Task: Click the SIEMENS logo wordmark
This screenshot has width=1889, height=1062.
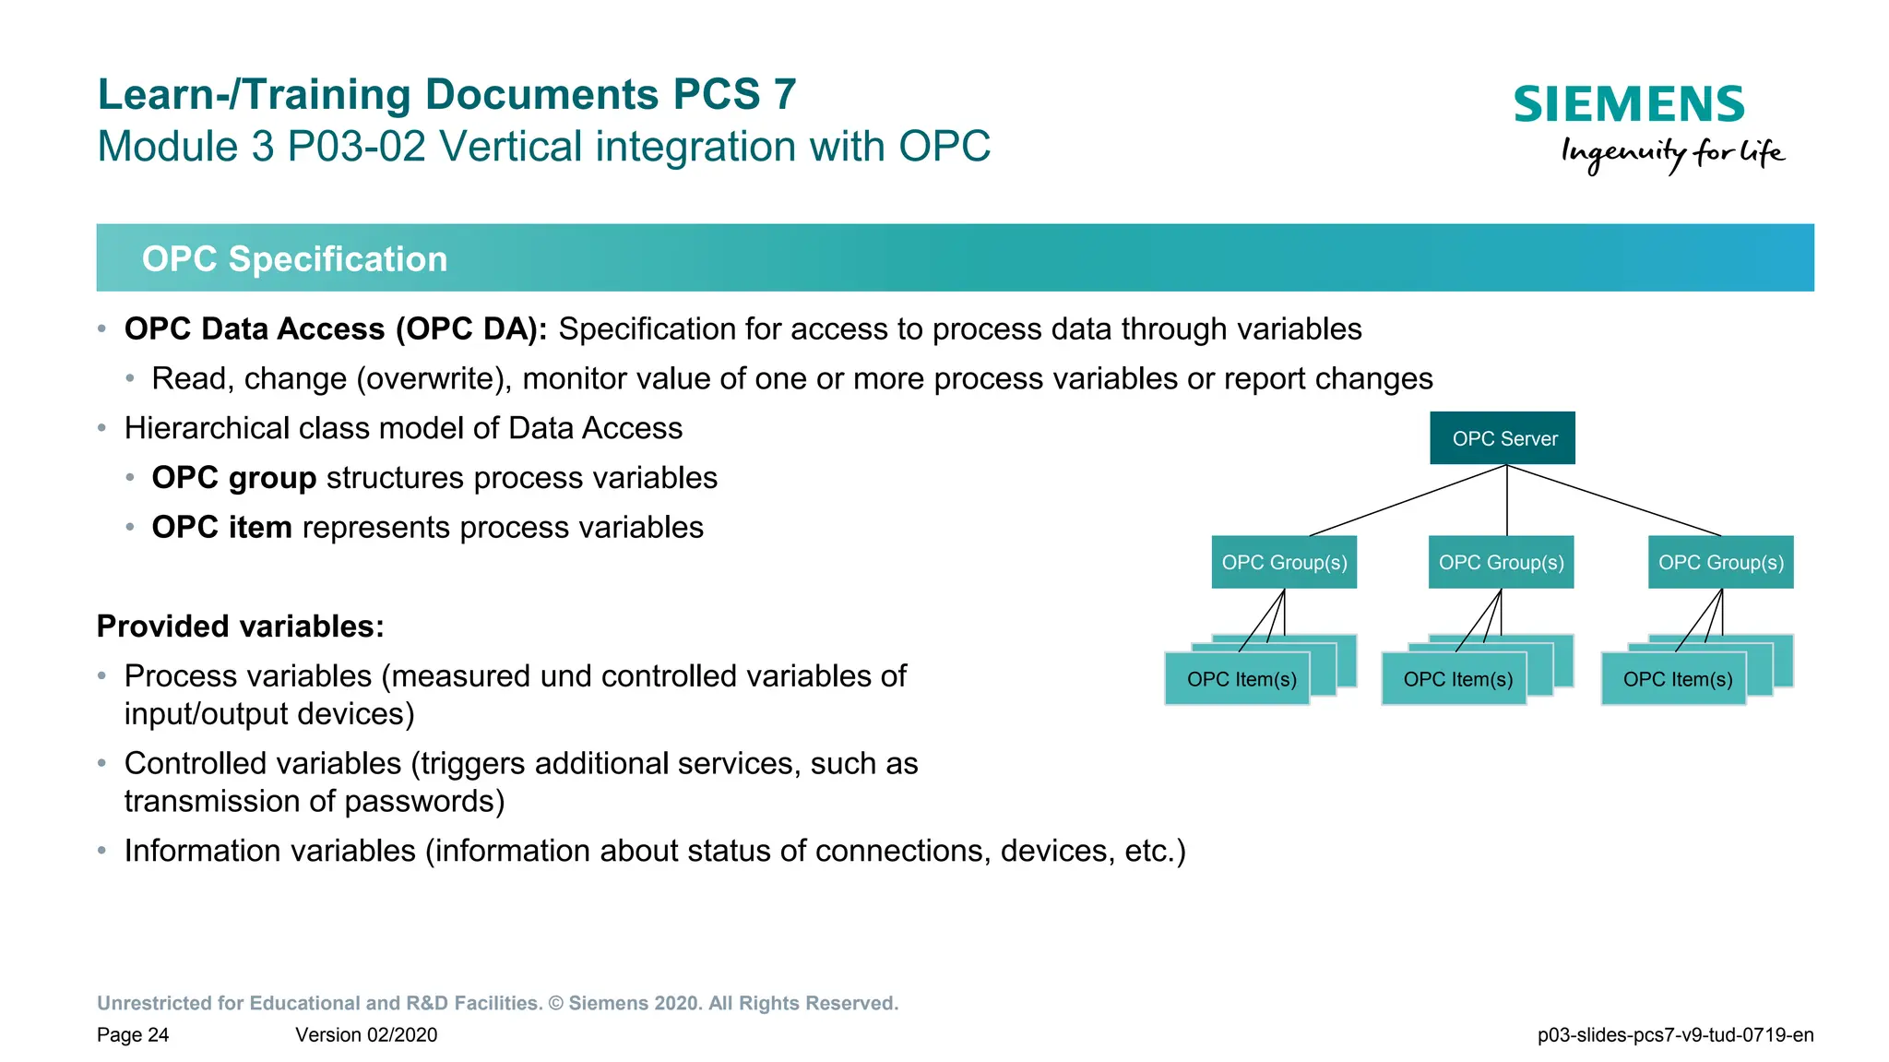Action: [1629, 104]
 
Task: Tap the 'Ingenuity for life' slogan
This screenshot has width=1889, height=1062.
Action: [1672, 153]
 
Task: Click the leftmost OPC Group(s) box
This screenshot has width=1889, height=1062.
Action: [1284, 562]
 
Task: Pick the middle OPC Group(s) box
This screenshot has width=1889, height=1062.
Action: [1501, 562]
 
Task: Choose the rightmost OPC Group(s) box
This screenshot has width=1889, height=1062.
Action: [1720, 562]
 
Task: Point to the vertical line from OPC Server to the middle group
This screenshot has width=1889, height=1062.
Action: [1507, 503]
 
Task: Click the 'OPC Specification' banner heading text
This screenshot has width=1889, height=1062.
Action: [294, 259]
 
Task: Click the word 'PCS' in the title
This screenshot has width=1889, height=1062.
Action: [716, 94]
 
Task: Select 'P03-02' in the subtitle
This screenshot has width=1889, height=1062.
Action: [356, 147]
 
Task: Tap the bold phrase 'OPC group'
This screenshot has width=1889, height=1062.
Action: [234, 478]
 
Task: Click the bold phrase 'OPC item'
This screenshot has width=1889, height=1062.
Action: [221, 528]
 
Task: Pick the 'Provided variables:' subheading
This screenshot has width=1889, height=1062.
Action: [240, 626]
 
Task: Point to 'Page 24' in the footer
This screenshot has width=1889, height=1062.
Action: [133, 1034]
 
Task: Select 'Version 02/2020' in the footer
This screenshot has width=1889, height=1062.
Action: [366, 1034]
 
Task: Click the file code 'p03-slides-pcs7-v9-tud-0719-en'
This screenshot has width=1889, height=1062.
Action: [1675, 1034]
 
